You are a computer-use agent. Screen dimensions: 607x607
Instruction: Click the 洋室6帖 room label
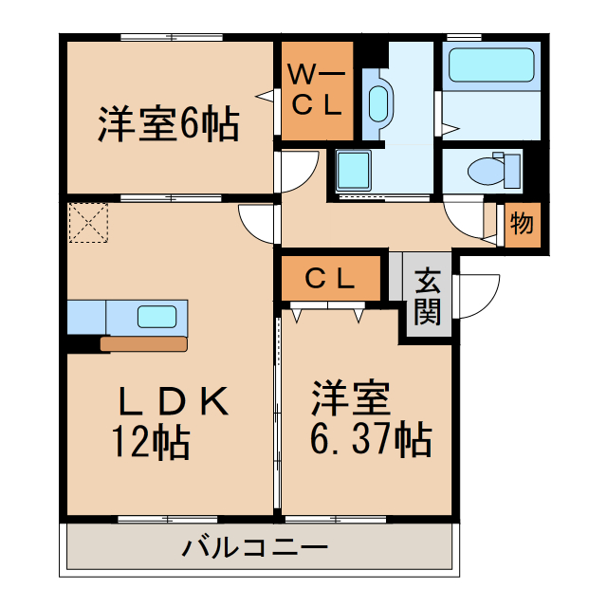coord(167,125)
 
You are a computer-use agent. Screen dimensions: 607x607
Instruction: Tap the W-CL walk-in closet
coord(315,90)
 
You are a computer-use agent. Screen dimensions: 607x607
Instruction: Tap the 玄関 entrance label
coord(429,297)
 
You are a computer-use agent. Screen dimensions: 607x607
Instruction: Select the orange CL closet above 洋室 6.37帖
coord(330,279)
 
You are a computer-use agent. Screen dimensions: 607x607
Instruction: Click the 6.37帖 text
coord(371,439)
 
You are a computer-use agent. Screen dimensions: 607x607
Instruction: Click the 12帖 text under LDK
coord(151,442)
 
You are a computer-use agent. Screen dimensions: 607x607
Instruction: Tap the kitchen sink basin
coord(157,317)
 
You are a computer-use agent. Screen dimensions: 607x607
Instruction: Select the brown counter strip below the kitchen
coord(142,344)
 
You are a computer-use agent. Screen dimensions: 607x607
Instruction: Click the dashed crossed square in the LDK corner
coord(89,224)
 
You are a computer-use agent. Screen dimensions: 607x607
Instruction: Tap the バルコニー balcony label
coord(255,548)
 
